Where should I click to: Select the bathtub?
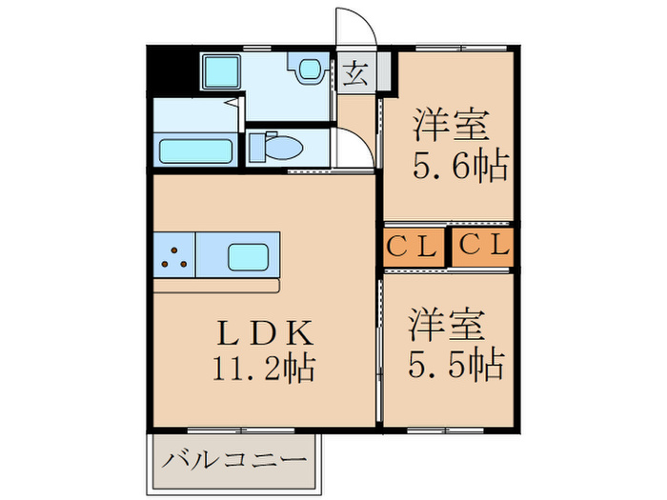196,151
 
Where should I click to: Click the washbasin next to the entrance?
307,70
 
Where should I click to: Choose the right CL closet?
484,246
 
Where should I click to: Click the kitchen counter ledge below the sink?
216,285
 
